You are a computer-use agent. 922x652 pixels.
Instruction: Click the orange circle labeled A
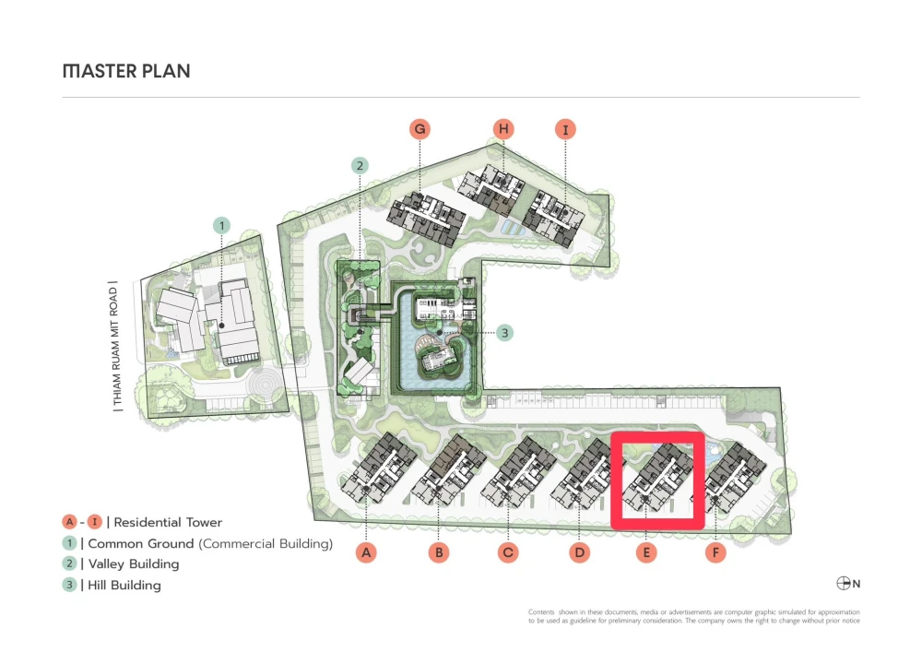pos(367,552)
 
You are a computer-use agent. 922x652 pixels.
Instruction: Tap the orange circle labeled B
pos(440,552)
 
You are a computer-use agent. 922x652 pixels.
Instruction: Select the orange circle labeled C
pos(507,552)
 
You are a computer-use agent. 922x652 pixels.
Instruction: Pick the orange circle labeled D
pos(578,552)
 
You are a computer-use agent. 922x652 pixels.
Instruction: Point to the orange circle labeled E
pos(645,552)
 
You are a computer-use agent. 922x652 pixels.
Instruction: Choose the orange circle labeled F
pos(715,552)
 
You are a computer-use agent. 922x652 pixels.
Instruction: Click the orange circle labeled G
pos(420,129)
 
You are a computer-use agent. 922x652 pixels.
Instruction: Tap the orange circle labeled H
pos(502,129)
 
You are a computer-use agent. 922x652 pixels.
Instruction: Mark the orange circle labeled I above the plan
pos(565,129)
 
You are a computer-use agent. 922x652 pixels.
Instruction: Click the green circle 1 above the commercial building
pos(220,224)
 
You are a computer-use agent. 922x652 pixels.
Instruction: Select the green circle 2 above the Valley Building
pos(360,166)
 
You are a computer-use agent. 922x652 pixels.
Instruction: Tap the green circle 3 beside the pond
pos(504,333)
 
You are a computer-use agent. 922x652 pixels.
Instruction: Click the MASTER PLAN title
pos(126,71)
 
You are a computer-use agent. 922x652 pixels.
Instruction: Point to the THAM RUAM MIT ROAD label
pos(113,346)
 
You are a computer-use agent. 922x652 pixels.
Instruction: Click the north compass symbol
pos(843,583)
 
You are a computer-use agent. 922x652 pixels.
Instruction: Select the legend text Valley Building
pos(134,563)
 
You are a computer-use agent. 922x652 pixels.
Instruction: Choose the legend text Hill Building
pos(124,585)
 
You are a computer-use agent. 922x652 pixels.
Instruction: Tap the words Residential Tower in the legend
pos(168,522)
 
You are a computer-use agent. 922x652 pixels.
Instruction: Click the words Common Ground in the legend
pos(141,543)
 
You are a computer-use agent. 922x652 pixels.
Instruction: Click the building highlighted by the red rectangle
pos(658,480)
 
